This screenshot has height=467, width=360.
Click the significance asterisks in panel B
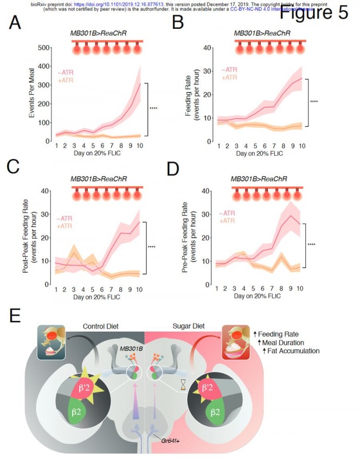pyautogui.click(x=314, y=102)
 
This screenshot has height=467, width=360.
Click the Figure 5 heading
pyautogui.click(x=314, y=12)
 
